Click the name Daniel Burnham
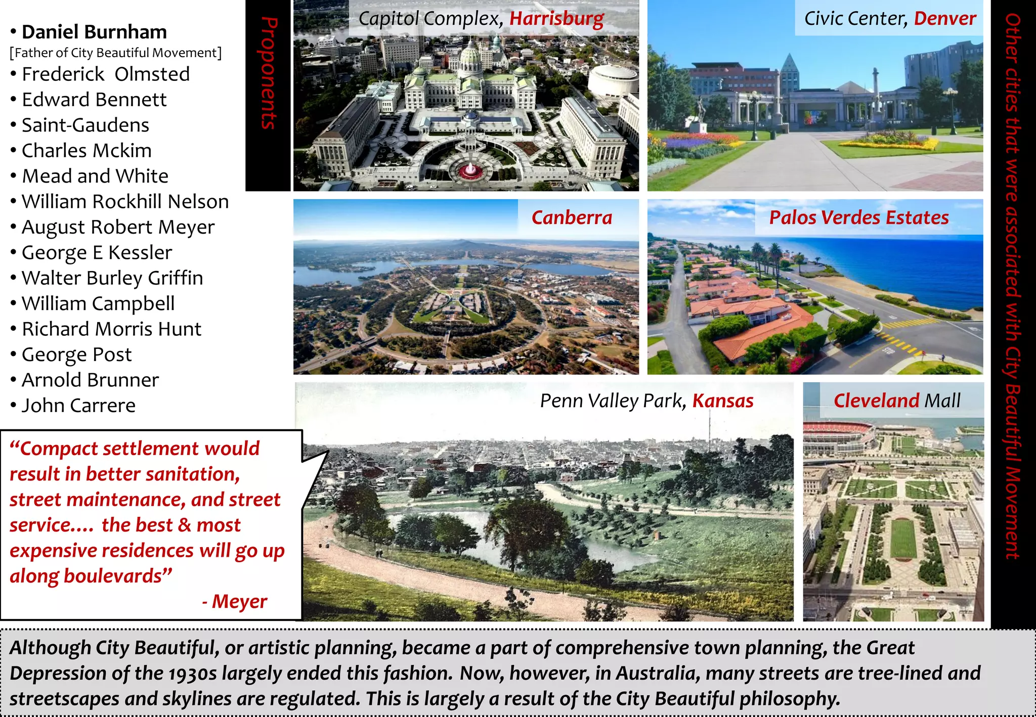click(94, 32)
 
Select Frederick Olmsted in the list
click(106, 74)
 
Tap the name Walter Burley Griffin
click(112, 278)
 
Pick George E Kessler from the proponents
click(97, 252)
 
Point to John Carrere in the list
click(78, 405)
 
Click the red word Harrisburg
click(556, 19)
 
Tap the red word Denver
click(944, 19)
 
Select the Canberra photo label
click(572, 217)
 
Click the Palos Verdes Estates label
click(858, 217)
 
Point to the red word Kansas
click(722, 400)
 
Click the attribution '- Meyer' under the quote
click(235, 601)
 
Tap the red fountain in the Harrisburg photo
click(470, 169)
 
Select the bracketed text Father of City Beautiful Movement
click(116, 53)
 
